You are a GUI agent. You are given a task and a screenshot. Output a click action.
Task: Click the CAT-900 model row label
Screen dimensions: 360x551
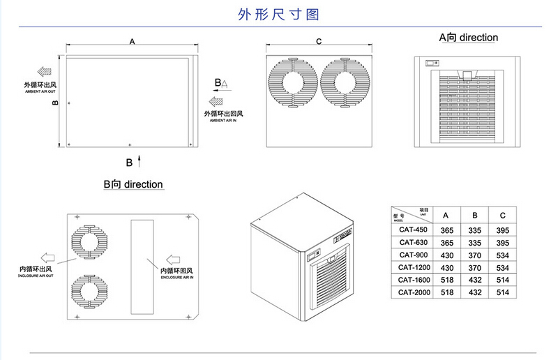pyautogui.click(x=413, y=255)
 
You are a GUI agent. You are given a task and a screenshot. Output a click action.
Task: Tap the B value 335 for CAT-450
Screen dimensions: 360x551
pyautogui.click(x=475, y=230)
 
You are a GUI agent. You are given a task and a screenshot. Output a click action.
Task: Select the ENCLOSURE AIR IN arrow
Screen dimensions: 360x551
pyautogui.click(x=172, y=258)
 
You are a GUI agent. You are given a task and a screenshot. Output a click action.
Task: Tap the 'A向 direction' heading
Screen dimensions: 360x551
pyautogui.click(x=467, y=37)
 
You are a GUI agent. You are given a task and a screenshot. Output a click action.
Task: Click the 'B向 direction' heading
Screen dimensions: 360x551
pyautogui.click(x=133, y=185)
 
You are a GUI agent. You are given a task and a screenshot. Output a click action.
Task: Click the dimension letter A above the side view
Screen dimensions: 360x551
pyautogui.click(x=132, y=43)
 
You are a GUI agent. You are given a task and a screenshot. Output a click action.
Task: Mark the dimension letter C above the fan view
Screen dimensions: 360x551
pyautogui.click(x=319, y=43)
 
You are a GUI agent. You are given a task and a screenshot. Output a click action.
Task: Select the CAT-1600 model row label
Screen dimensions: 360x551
pyautogui.click(x=413, y=279)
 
